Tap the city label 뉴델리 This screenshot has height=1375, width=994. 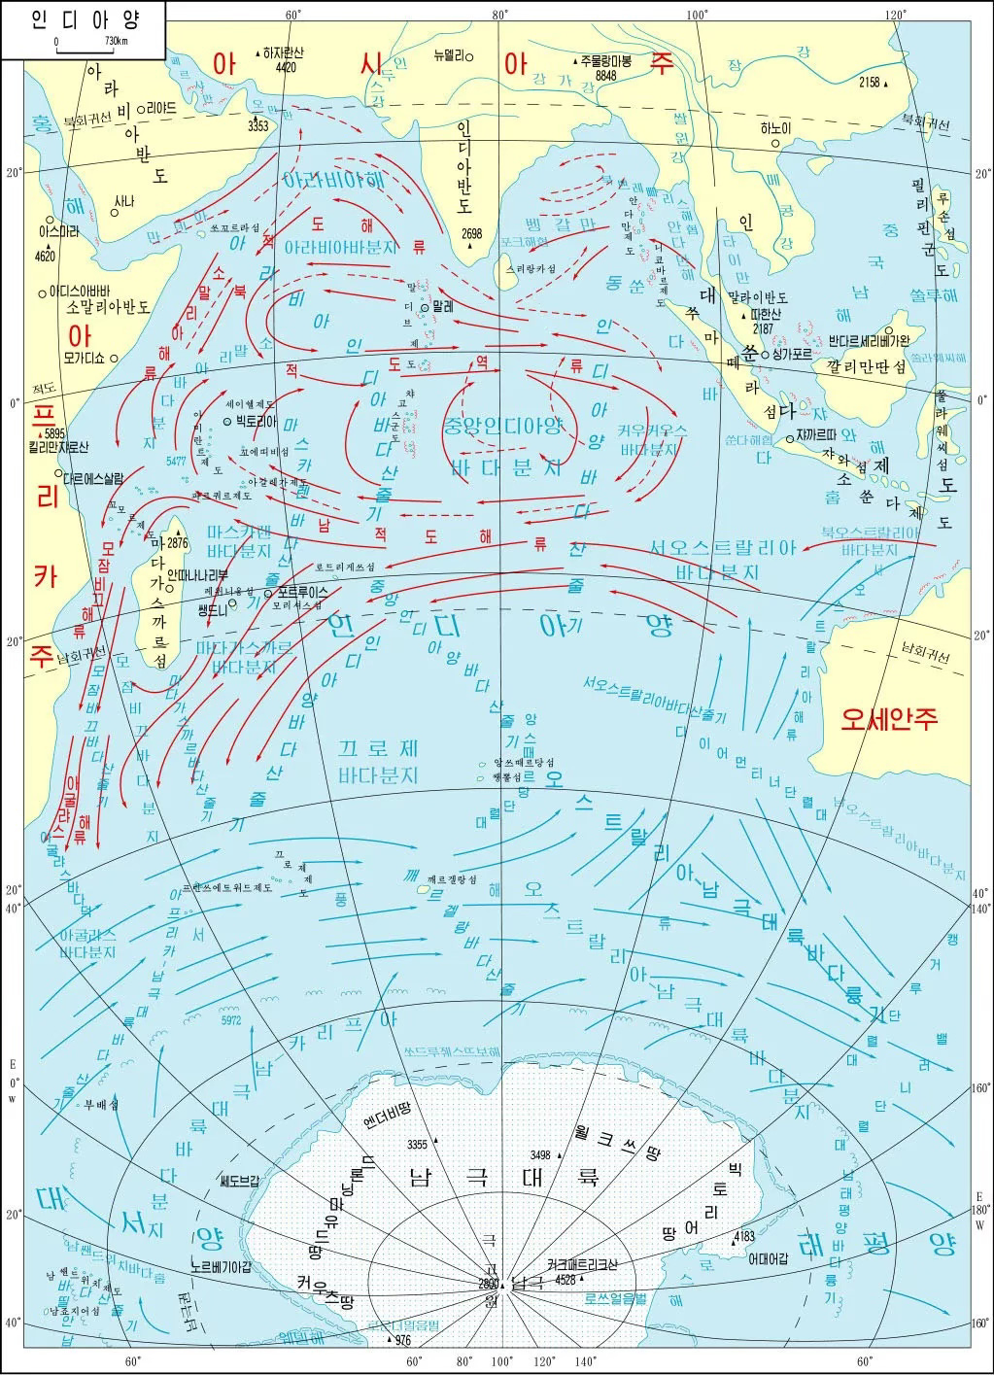pos(452,56)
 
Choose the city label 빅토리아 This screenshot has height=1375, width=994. pos(256,421)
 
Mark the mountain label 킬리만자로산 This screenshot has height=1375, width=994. pos(58,447)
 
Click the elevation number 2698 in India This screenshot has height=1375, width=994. pos(472,233)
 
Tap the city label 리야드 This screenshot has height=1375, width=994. pos(162,109)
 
